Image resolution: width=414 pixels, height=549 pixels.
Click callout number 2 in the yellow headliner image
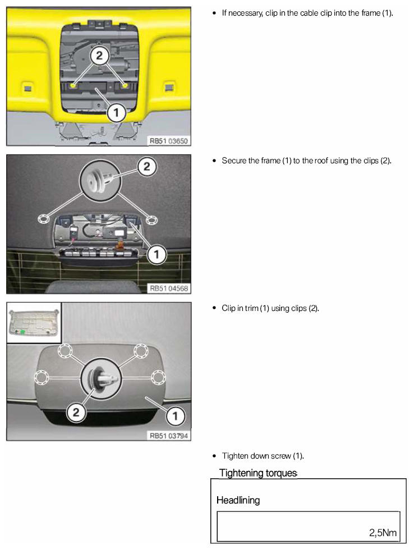99,56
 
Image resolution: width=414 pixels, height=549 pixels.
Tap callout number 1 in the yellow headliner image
116,113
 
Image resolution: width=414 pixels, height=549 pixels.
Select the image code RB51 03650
169,141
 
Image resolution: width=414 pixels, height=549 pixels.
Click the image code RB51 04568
169,289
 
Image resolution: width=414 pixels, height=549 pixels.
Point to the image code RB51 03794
169,436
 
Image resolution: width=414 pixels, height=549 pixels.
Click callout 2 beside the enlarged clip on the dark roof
147,166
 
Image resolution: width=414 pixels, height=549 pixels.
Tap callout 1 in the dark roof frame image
157,254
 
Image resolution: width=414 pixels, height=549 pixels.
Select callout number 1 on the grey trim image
175,416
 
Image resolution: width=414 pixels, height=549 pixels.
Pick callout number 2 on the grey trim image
76,412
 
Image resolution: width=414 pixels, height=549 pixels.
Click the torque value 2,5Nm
383,533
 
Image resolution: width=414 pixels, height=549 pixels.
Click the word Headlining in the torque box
238,500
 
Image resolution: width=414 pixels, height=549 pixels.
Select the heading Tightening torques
258,473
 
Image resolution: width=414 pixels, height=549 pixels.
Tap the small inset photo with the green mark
34,323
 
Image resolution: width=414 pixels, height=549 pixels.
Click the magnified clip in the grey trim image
101,378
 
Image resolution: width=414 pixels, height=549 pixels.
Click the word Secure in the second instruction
234,161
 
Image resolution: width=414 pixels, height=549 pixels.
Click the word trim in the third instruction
252,308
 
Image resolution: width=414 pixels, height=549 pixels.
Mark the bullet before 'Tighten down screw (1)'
214,456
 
